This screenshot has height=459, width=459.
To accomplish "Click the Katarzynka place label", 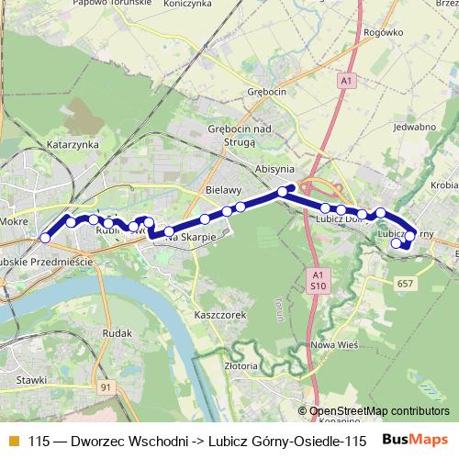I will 73,145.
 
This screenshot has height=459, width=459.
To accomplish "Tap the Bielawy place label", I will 223,188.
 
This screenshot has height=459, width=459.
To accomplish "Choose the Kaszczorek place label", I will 218,314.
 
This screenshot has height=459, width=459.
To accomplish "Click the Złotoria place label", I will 240,365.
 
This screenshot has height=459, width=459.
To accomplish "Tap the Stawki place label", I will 32,378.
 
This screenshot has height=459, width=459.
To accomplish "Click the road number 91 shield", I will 107,388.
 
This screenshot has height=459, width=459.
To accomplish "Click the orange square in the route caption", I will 13,440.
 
